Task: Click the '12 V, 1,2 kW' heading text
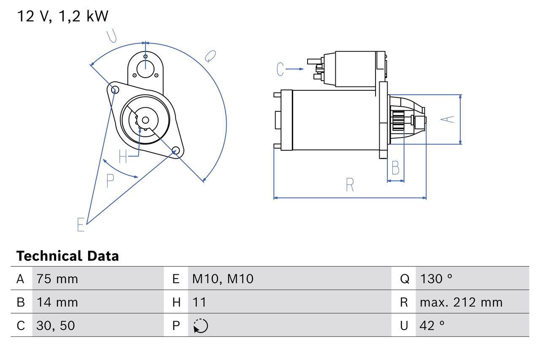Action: point(62,16)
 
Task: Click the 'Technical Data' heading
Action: point(67,256)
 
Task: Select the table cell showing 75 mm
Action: point(57,279)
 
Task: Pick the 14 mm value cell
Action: point(57,302)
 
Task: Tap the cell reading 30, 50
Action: point(56,325)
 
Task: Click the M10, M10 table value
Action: point(223,279)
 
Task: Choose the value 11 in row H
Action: point(199,302)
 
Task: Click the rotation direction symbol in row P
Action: point(200,326)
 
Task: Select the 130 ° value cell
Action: point(436,279)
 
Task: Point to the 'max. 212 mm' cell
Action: point(461,302)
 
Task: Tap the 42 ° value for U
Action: point(432,325)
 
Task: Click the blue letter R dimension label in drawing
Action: point(350,185)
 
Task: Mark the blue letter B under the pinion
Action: point(395,168)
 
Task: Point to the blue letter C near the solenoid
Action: point(281,69)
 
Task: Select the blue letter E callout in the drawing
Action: point(81,225)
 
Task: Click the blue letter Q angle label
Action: point(210,56)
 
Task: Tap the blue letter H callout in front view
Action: point(123,157)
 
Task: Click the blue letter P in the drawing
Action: point(110,181)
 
